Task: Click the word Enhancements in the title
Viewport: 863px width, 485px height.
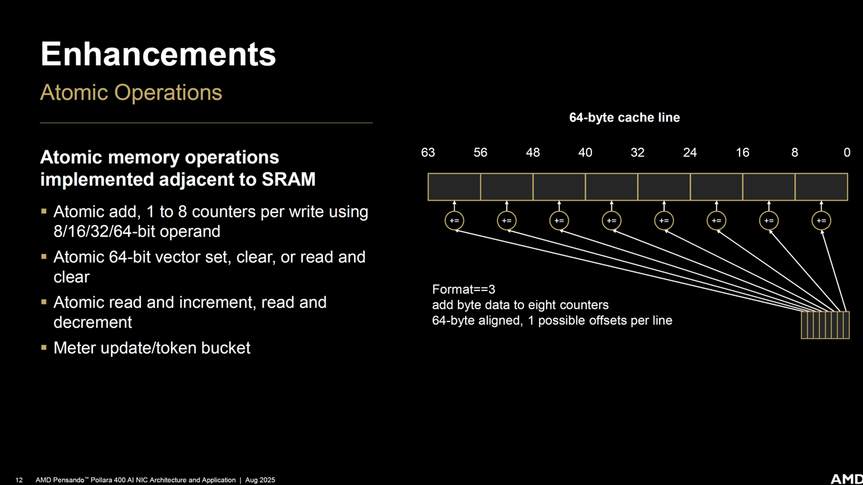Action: coord(158,54)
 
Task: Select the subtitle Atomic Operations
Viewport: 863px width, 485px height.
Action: coord(131,93)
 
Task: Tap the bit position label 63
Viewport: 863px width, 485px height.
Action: coord(428,153)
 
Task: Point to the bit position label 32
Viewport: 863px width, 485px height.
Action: coord(638,153)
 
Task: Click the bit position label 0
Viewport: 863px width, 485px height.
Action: coord(847,153)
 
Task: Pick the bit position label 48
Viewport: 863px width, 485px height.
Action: coord(533,153)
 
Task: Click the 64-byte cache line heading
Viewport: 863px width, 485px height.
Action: coord(624,117)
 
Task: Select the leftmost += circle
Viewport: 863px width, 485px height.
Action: coord(454,220)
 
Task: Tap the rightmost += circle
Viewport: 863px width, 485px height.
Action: coord(822,220)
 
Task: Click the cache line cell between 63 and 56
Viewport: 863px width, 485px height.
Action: coord(454,187)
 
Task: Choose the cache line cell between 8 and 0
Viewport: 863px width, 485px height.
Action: coord(822,187)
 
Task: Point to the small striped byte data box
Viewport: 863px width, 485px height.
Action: coord(825,325)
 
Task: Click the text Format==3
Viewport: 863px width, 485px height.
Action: coord(463,289)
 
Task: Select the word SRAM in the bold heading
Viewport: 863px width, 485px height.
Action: coord(289,180)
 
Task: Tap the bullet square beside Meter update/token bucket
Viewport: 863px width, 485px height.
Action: coord(44,347)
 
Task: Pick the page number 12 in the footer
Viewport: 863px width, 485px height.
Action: coord(19,480)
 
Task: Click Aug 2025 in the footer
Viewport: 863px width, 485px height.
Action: coord(260,480)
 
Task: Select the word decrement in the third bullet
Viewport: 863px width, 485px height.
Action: coord(93,322)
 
